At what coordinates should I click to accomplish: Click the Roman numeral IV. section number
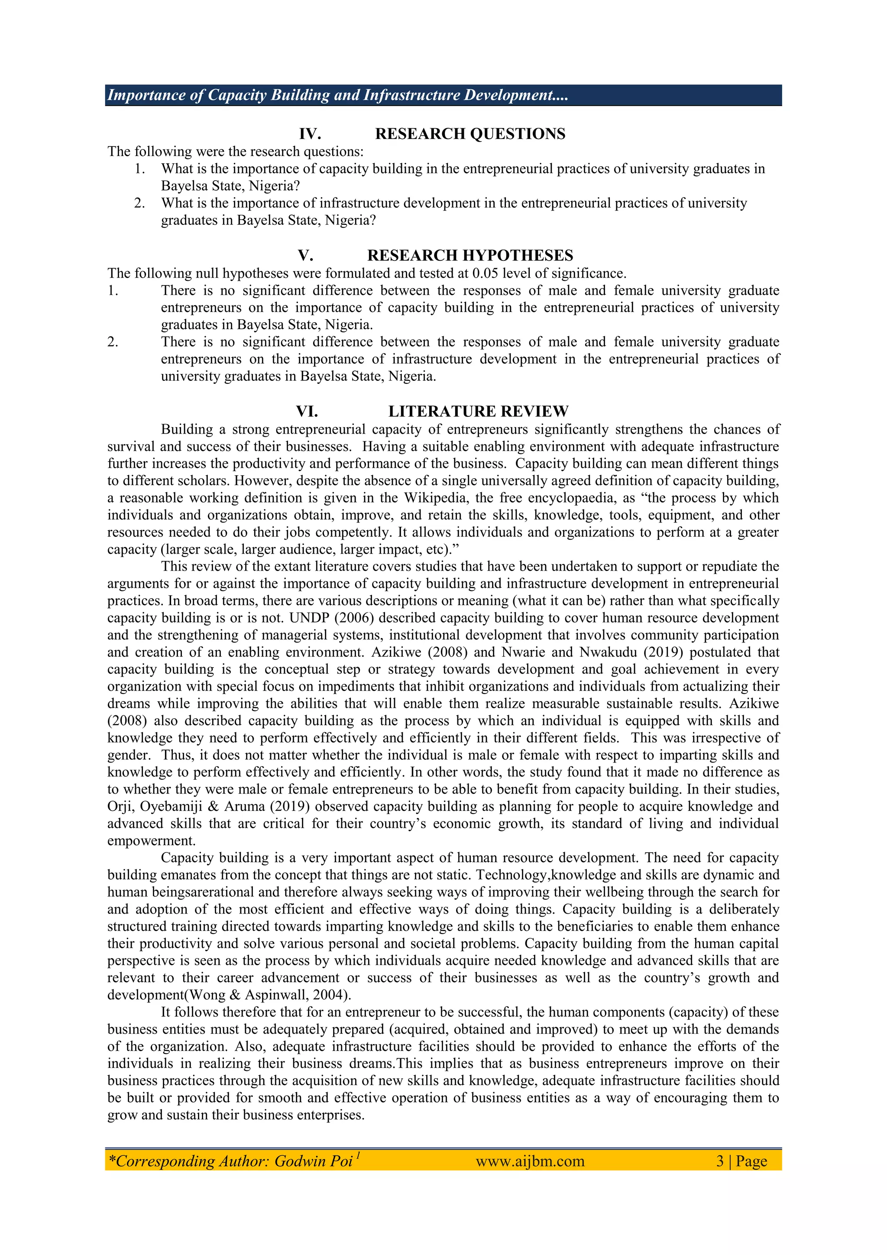click(310, 134)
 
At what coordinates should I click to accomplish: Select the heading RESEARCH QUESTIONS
click(470, 134)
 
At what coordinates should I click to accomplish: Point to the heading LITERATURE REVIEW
click(478, 411)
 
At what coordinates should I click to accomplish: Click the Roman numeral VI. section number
click(307, 411)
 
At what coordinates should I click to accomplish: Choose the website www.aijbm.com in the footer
click(530, 1161)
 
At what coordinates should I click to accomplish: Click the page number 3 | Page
click(741, 1161)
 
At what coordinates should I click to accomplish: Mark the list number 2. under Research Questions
click(140, 203)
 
